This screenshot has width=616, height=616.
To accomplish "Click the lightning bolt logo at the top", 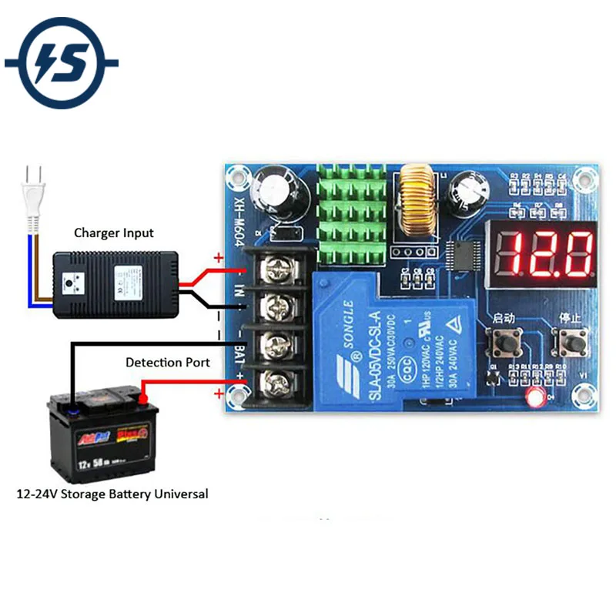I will click(x=62, y=62).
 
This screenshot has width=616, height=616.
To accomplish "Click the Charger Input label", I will click(x=114, y=233).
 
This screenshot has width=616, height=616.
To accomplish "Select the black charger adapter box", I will click(x=115, y=286).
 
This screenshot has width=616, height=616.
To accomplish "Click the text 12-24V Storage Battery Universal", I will click(x=112, y=494).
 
